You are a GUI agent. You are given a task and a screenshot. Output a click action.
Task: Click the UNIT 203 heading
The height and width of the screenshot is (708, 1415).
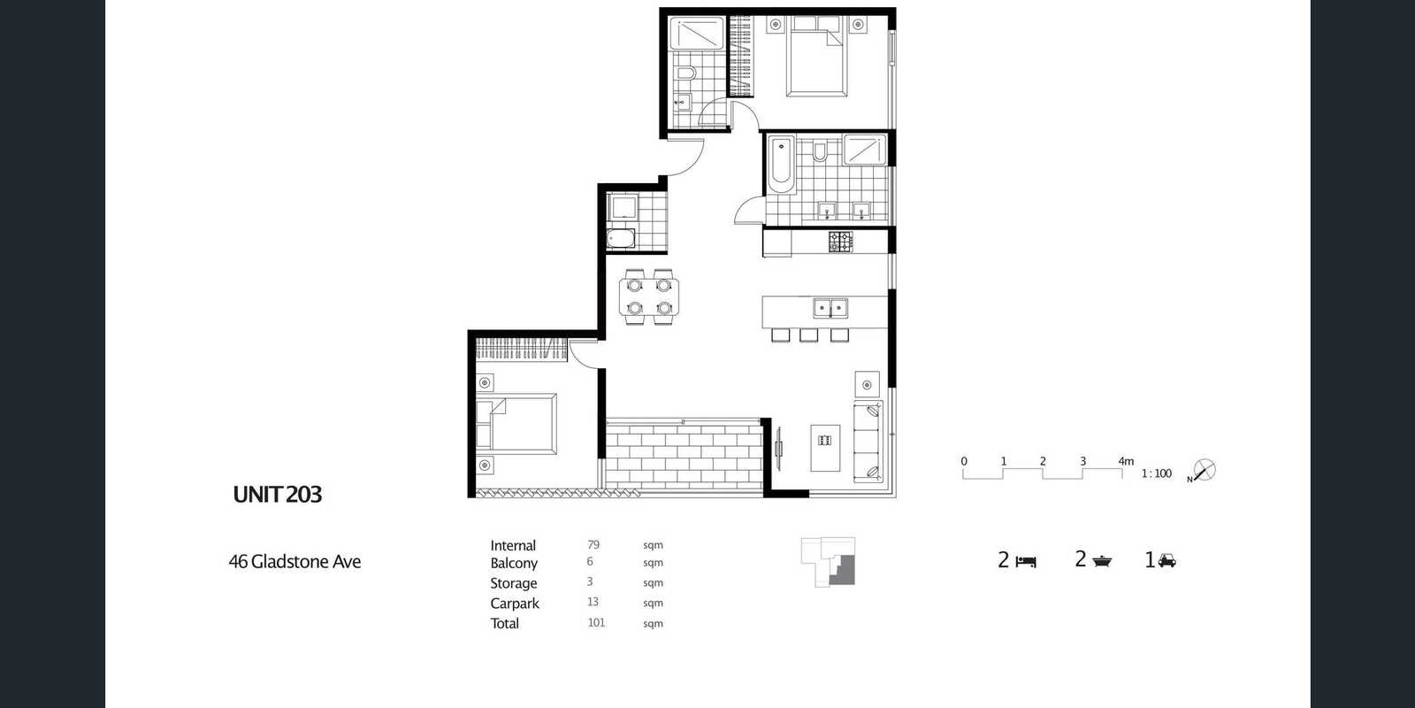click(x=278, y=495)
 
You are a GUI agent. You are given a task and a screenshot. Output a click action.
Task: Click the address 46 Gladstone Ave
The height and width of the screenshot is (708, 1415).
click(x=294, y=561)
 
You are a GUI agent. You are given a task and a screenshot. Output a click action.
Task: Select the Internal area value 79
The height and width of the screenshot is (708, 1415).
click(x=593, y=544)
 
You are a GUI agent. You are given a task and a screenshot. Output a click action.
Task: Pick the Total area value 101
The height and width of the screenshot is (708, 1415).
click(x=596, y=623)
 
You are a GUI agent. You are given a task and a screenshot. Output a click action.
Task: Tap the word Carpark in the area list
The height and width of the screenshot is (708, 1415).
click(x=514, y=604)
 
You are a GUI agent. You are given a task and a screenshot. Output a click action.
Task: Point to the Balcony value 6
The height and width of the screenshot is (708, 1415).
click(x=590, y=561)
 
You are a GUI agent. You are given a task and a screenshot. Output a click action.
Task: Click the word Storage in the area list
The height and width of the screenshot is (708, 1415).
click(x=513, y=583)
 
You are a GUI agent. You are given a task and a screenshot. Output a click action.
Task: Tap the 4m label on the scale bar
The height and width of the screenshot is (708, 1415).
click(x=1126, y=461)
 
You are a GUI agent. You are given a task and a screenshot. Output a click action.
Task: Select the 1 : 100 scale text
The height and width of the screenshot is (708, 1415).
click(x=1156, y=473)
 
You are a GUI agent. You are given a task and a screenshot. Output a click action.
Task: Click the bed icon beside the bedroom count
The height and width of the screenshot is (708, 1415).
click(x=1026, y=561)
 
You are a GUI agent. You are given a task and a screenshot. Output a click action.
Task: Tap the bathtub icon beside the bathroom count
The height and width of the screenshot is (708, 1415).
click(x=1102, y=561)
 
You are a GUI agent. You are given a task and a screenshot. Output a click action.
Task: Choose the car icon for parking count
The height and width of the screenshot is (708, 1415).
click(x=1166, y=560)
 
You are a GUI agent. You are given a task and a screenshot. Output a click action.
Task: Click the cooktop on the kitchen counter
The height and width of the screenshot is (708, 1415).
click(x=841, y=242)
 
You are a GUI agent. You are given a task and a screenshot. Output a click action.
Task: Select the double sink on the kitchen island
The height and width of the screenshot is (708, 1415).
click(x=830, y=309)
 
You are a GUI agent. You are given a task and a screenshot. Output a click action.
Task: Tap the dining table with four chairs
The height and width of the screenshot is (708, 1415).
click(x=649, y=296)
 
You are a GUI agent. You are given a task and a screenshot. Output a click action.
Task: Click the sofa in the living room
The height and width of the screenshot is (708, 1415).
click(x=868, y=442)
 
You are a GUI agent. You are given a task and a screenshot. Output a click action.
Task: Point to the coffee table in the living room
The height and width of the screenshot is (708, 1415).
click(x=826, y=448)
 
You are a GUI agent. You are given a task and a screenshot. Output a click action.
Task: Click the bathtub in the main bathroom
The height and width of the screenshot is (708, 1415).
click(x=782, y=165)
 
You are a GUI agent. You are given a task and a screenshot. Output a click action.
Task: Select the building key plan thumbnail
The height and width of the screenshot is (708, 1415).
click(x=828, y=562)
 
